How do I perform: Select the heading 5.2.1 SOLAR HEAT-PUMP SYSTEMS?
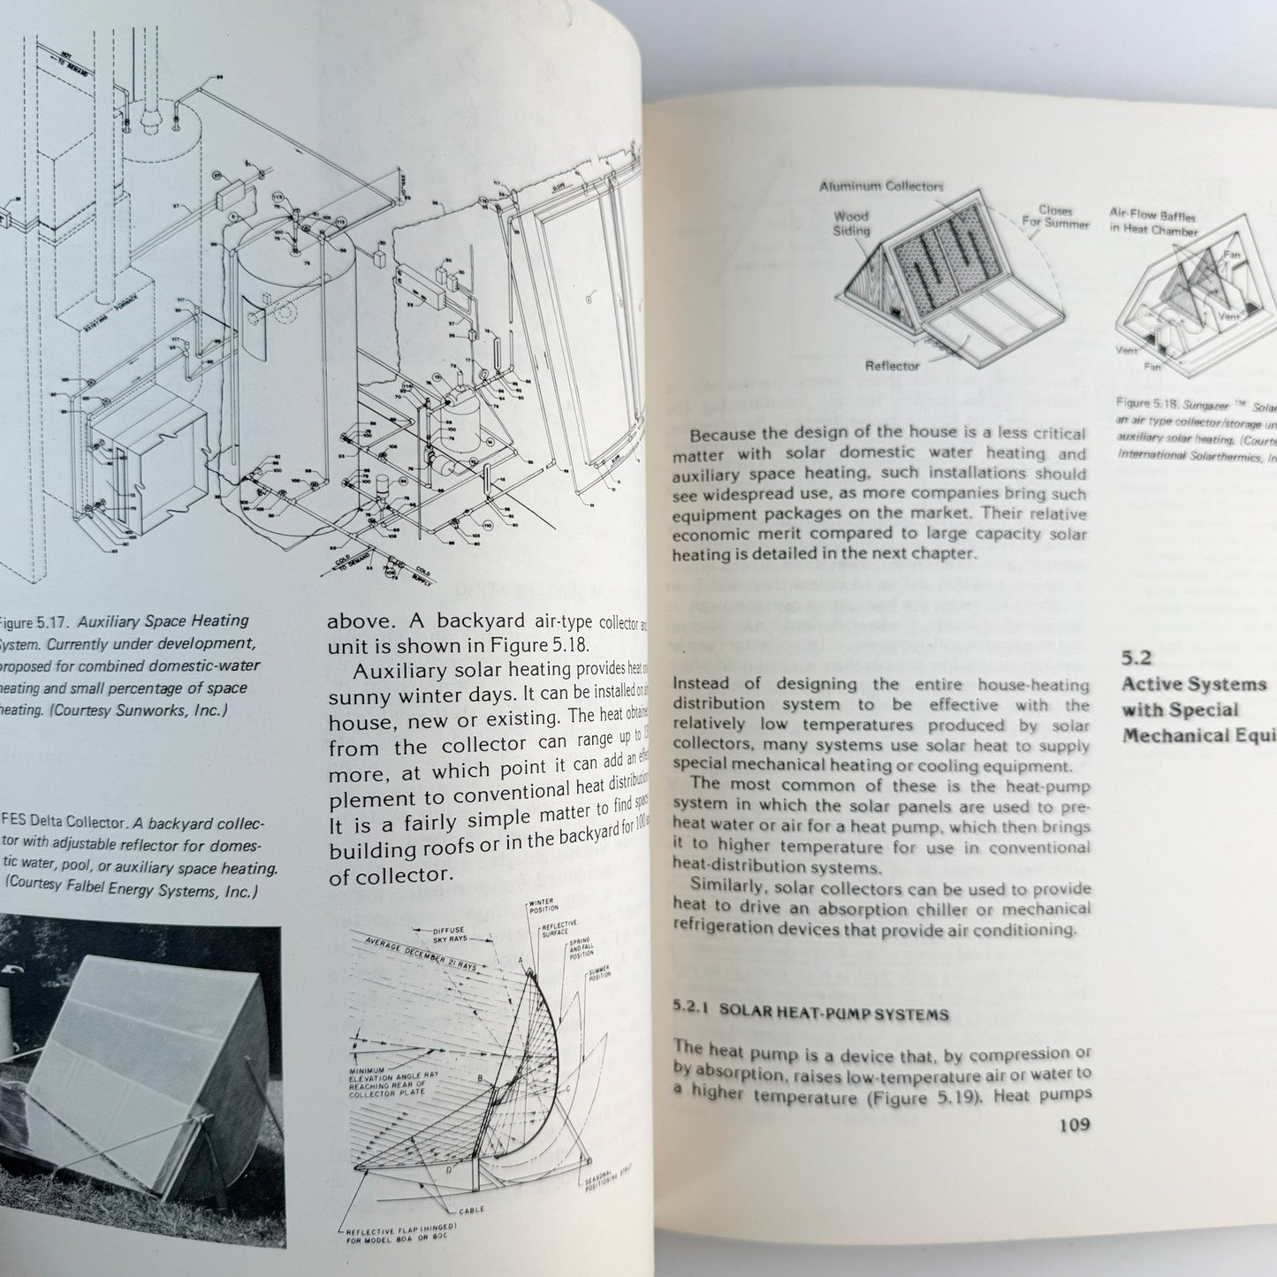[x=810, y=1013]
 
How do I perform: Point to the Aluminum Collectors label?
[x=881, y=186]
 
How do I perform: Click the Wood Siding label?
[x=851, y=223]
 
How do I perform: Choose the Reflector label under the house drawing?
[x=893, y=366]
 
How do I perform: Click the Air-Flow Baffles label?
[x=1153, y=224]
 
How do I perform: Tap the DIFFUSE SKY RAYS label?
[x=460, y=933]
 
